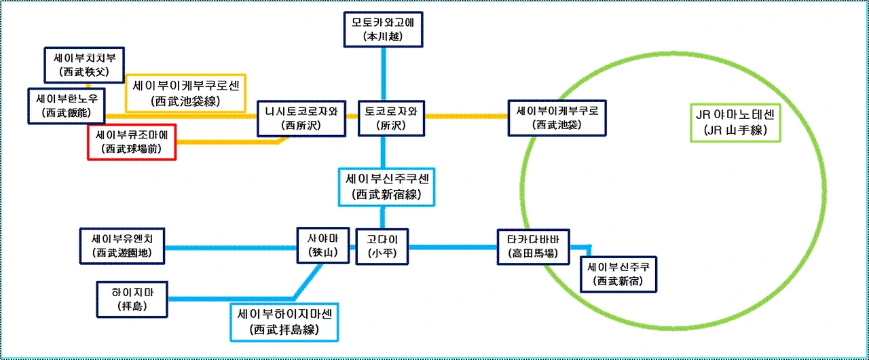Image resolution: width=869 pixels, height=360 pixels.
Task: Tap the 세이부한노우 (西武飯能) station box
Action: [67, 105]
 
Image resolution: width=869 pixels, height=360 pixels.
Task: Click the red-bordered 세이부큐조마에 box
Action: [132, 141]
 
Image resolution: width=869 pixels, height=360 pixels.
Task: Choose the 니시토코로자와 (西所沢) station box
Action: [301, 117]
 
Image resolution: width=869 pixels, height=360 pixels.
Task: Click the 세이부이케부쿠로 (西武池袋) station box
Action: [557, 117]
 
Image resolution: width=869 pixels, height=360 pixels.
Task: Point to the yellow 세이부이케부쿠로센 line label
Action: [186, 94]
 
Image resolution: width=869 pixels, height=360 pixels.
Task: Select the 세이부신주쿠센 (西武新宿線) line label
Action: [386, 187]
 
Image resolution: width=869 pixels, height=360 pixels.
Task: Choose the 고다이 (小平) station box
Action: [382, 246]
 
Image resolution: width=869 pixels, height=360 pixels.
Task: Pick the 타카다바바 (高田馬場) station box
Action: [533, 246]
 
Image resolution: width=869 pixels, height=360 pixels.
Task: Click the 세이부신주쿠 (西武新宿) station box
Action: [618, 274]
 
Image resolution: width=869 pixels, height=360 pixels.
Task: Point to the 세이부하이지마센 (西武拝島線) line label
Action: [284, 323]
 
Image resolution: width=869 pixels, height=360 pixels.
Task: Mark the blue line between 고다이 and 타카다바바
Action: [452, 247]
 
